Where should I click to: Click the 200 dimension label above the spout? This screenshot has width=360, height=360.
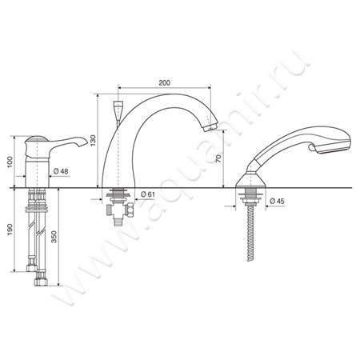pyautogui.click(x=164, y=82)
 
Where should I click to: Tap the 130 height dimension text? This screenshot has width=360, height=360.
pyautogui.click(x=93, y=140)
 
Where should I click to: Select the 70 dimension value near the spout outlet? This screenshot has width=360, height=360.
pyautogui.click(x=218, y=159)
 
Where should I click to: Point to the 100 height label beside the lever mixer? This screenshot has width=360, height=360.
pyautogui.click(x=10, y=162)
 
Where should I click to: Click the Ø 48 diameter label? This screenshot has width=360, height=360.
pyautogui.click(x=61, y=171)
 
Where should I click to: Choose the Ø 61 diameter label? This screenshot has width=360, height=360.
pyautogui.click(x=148, y=194)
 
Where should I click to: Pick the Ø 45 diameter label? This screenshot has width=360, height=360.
pyautogui.click(x=277, y=201)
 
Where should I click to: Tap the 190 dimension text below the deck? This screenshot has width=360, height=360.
pyautogui.click(x=10, y=230)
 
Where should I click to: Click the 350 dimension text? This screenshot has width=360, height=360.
pyautogui.click(x=54, y=237)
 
